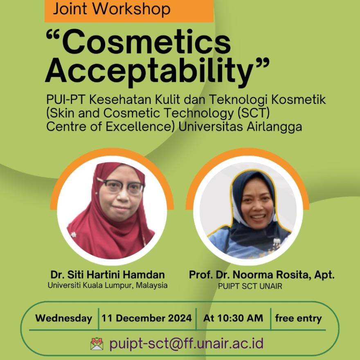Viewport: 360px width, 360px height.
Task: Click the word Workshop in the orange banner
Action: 131,9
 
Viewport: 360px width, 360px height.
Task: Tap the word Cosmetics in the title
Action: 146,43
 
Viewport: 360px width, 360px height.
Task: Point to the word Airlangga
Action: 274,127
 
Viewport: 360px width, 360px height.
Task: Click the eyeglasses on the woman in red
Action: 121,185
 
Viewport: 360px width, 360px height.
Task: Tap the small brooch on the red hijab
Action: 73,235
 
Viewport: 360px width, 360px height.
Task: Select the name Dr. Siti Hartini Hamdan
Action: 108,274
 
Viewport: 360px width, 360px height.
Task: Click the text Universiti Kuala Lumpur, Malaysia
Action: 108,286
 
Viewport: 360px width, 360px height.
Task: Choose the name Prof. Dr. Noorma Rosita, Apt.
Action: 261,275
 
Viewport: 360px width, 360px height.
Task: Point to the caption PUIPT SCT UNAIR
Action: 250,286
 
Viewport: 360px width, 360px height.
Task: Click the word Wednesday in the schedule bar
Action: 63,318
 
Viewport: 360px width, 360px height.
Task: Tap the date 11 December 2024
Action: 146,318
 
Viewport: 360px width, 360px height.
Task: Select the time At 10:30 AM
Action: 233,318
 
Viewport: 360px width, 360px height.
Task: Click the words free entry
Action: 298,318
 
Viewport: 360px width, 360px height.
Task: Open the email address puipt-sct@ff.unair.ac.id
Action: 186,344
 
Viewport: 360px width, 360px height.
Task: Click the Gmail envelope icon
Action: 97,344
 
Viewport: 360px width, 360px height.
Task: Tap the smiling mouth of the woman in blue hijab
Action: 258,216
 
